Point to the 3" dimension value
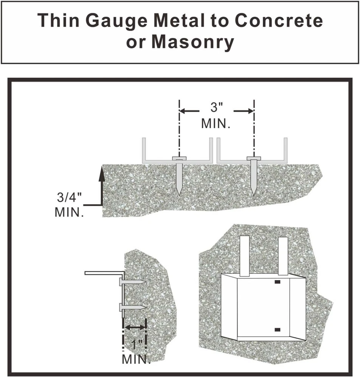[216, 108]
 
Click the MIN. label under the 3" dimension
[216, 124]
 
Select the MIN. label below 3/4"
[69, 212]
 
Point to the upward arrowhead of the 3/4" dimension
[101, 173]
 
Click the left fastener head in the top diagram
[179, 157]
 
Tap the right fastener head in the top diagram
[253, 157]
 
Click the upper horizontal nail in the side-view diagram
[132, 282]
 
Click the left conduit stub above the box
[244, 255]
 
